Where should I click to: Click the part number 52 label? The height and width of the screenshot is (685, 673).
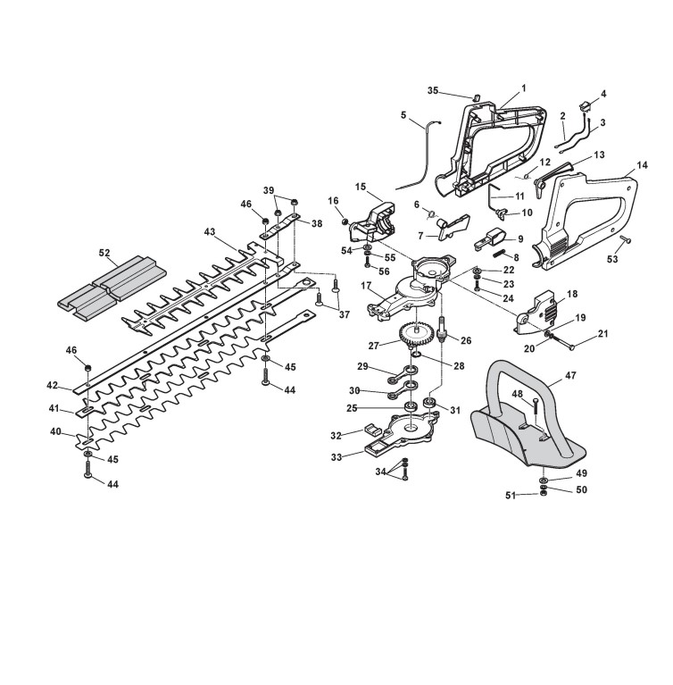(105, 253)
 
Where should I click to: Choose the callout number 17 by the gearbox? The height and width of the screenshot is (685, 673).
(367, 286)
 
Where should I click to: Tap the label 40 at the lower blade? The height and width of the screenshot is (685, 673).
(55, 432)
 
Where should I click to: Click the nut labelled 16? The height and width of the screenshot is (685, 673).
(346, 220)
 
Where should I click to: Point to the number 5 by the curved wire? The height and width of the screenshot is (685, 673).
(403, 115)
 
